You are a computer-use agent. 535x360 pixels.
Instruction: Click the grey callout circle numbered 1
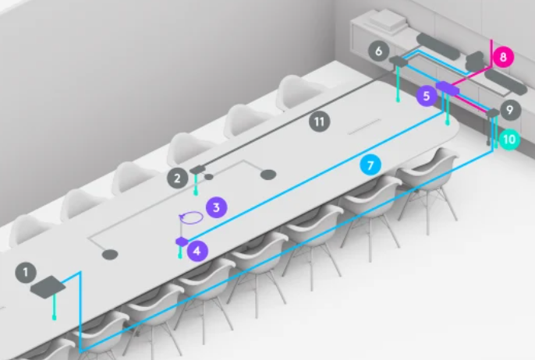tap(26, 273)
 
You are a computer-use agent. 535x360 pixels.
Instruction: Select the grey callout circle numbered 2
tap(178, 178)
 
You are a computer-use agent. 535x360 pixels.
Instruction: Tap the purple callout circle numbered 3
tap(216, 207)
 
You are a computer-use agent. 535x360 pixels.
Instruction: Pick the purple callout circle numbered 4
tap(197, 251)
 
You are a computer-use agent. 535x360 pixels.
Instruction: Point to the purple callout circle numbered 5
tap(427, 96)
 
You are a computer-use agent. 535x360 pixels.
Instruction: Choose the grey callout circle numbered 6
tap(379, 51)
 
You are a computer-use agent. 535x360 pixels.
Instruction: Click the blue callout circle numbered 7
tap(371, 165)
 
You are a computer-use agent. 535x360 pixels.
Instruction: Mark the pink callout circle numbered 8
tap(503, 57)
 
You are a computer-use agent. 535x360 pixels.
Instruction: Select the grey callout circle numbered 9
tap(510, 110)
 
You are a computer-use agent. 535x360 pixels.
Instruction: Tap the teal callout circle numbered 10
tap(509, 139)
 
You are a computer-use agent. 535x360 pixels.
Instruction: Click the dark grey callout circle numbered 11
tap(320, 122)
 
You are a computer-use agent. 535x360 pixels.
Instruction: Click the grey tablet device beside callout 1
tap(48, 287)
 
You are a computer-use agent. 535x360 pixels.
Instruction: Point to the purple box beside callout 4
tap(182, 242)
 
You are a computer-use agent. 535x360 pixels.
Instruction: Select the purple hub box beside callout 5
tap(448, 87)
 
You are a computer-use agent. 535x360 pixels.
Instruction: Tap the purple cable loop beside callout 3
tap(191, 217)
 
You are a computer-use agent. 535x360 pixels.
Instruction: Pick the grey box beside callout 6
tap(399, 61)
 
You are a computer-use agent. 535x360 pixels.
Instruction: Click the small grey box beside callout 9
tap(493, 112)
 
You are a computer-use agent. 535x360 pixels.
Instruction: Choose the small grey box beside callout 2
tap(197, 169)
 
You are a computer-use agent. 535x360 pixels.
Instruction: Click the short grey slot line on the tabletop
tap(364, 126)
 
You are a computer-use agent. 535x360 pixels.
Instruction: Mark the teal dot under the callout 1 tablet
tap(55, 318)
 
